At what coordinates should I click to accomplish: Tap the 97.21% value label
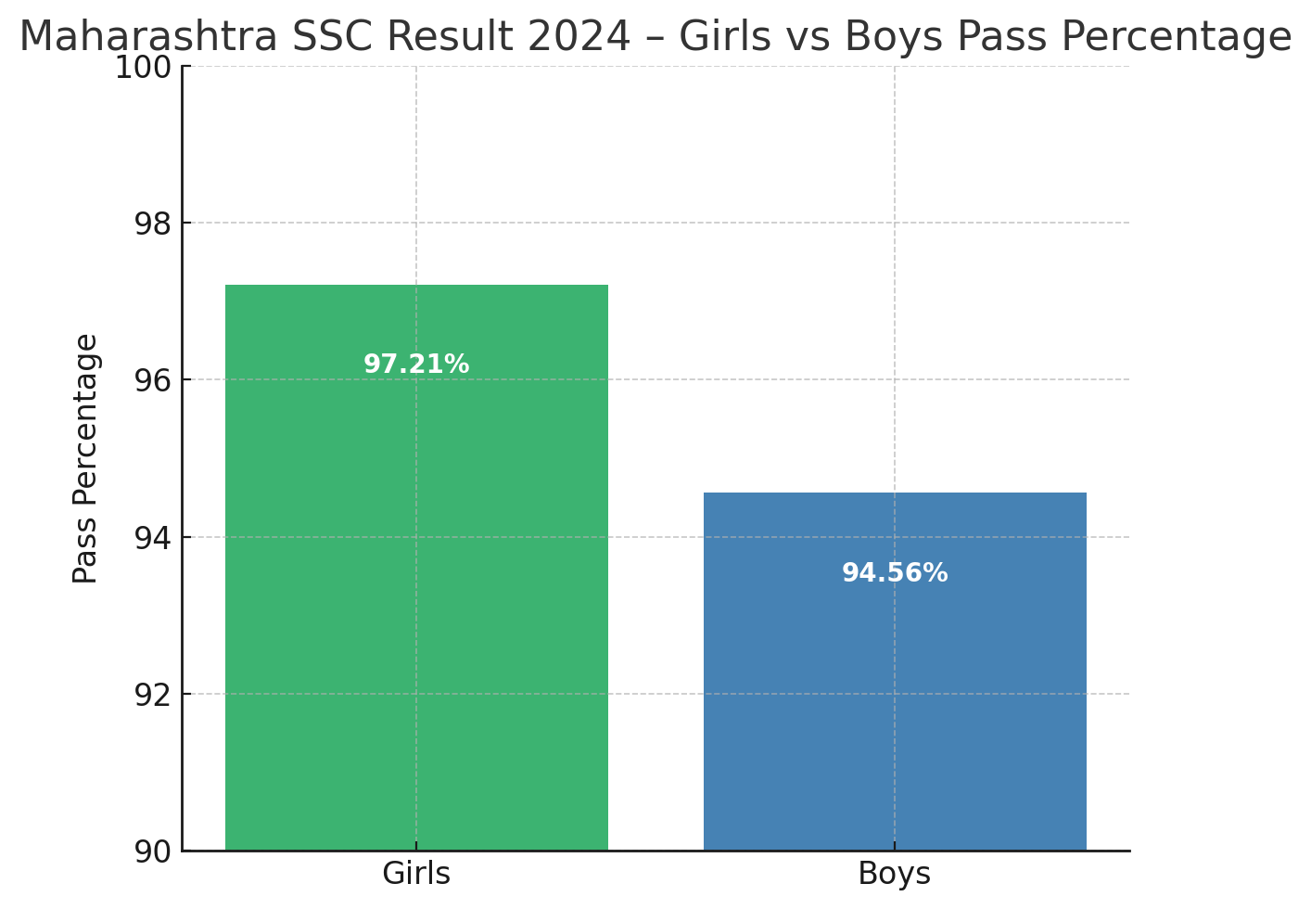coord(416,365)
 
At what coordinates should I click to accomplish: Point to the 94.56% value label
coord(895,573)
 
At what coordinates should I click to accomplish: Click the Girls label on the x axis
coord(416,874)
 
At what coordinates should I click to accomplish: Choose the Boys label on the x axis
coord(895,874)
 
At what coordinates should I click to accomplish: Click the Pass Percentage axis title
coord(85,458)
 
